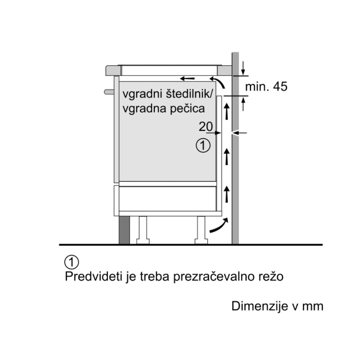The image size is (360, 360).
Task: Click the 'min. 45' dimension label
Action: click(x=266, y=86)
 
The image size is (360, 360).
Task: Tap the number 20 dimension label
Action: click(x=206, y=126)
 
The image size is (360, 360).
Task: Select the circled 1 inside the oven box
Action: click(x=203, y=145)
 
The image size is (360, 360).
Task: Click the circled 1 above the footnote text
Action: click(x=72, y=262)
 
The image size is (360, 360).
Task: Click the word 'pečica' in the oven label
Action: click(x=187, y=108)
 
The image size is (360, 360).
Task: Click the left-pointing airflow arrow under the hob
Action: click(x=187, y=79)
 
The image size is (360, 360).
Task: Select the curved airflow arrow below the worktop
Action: click(x=218, y=82)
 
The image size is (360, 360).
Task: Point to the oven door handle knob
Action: click(x=109, y=92)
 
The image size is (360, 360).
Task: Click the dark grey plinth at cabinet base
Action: click(x=125, y=230)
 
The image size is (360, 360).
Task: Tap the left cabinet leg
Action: click(x=143, y=230)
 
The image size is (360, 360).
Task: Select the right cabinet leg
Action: click(x=201, y=230)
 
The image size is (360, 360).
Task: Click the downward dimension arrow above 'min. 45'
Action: click(x=243, y=68)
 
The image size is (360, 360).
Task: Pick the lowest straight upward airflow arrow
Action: click(x=227, y=194)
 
